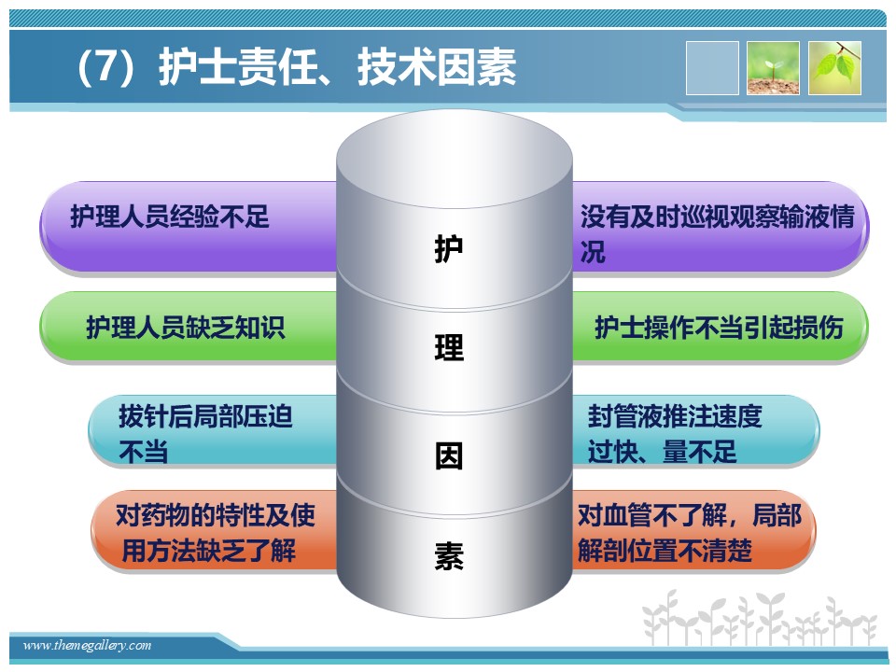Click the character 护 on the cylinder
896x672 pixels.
449,248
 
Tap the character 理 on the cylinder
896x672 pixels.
449,347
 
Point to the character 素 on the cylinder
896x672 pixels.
449,555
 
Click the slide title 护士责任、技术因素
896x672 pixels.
337,67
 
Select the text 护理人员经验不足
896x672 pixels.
170,217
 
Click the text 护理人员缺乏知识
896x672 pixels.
185,328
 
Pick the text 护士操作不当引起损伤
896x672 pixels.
719,328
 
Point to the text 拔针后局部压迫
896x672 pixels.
205,416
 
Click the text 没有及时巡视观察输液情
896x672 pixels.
718,217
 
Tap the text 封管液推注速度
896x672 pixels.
675,416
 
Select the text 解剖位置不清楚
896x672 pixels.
665,551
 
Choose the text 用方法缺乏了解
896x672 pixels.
208,551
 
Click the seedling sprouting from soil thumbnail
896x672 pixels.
773,68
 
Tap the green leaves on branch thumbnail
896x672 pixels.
834,68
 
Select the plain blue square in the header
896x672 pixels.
712,68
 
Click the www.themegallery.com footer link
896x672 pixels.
88,645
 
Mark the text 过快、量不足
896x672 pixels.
662,452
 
